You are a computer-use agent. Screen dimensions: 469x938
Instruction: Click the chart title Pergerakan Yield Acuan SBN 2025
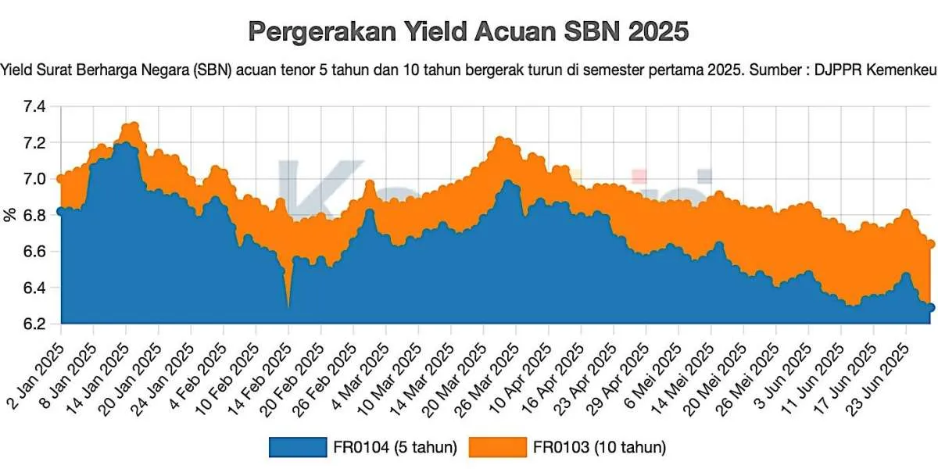(x=469, y=32)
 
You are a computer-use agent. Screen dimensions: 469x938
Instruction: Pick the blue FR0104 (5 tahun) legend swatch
(x=297, y=446)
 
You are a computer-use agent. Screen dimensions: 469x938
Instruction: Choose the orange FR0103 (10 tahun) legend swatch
(x=498, y=446)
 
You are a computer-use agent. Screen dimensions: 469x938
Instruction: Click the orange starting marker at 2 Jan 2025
(x=61, y=178)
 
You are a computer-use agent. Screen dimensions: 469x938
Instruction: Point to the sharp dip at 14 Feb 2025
(x=288, y=306)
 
